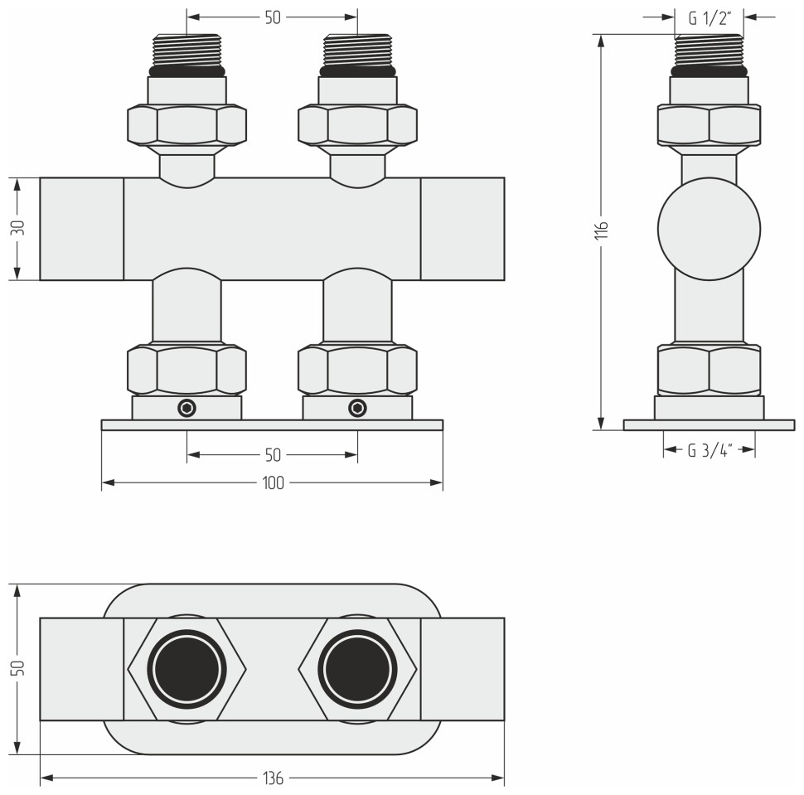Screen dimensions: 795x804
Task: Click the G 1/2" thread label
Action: tap(708, 17)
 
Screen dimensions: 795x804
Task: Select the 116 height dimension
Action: tap(603, 231)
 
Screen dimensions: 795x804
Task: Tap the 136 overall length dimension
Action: tap(273, 778)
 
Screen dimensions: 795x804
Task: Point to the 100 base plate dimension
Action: tap(273, 483)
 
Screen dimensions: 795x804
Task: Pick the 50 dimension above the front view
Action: tap(273, 17)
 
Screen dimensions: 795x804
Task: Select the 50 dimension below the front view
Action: tap(273, 454)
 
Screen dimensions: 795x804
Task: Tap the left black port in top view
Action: tap(186, 668)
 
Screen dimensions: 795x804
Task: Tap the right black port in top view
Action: tap(357, 668)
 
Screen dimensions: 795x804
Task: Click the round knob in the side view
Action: tap(709, 228)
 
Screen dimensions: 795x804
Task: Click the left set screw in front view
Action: tap(187, 408)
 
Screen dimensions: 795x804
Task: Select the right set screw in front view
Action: tap(357, 408)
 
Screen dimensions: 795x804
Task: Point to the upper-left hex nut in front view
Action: tap(186, 125)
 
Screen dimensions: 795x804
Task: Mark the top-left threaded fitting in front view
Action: tap(186, 51)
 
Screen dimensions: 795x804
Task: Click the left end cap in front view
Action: tap(81, 228)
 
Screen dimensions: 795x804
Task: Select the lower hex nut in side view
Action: tap(709, 369)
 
